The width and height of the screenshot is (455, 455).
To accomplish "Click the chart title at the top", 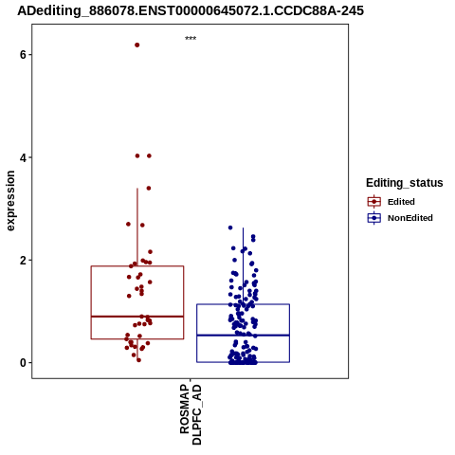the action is point(191,10).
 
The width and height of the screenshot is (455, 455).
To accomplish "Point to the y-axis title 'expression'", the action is point(10,201).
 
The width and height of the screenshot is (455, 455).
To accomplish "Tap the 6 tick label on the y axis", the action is point(23,55).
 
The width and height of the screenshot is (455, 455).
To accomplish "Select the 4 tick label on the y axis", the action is point(23,157).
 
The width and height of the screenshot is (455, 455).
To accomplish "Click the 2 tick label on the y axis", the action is point(23,260).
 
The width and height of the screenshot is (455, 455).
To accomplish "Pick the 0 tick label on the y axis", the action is point(23,363).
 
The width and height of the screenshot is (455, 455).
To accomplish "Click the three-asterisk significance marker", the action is point(191,39).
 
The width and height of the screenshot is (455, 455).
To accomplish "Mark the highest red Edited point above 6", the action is point(137,45).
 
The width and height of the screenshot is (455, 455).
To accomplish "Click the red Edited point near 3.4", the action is point(149,188).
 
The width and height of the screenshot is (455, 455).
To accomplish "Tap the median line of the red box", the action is point(137,316).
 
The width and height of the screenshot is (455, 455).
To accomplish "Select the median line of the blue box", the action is point(243,335).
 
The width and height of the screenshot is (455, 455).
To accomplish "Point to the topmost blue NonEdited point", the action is point(230,227).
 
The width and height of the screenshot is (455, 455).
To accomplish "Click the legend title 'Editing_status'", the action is point(405,183).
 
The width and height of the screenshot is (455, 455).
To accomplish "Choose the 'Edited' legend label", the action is point(401,202).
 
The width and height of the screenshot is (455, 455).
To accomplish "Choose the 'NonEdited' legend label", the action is point(410,218).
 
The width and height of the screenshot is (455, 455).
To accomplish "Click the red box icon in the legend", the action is point(374,202).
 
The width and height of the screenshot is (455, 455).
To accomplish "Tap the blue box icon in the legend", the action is point(374,218).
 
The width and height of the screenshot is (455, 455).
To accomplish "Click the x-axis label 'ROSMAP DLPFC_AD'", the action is point(191,414).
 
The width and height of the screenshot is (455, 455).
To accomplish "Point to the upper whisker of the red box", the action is point(137,227).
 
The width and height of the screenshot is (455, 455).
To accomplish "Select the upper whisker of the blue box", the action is point(243,265).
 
